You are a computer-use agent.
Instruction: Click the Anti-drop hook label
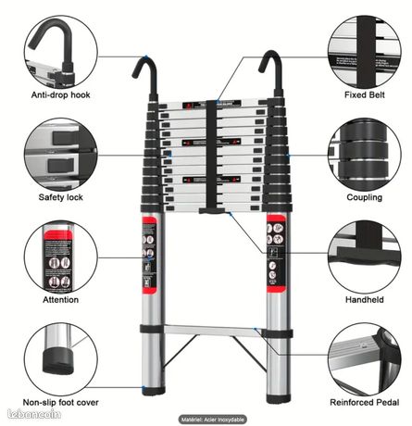(61, 94)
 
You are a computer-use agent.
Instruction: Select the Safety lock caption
(60, 197)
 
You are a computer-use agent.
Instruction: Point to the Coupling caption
(364, 197)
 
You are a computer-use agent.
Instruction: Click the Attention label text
(60, 300)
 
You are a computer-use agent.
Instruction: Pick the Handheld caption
(364, 300)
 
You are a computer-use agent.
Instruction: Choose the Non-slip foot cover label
(61, 402)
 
